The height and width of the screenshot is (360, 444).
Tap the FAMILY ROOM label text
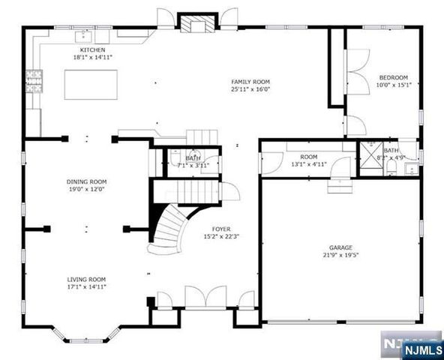[250, 82]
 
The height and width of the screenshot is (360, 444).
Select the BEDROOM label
[393, 77]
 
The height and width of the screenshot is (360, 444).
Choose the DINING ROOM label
[87, 181]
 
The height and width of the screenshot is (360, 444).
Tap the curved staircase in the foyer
[170, 226]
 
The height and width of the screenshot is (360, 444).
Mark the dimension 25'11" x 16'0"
[250, 89]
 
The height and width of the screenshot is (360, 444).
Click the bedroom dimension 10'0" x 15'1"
[393, 85]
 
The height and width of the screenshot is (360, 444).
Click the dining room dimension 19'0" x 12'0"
[87, 189]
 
